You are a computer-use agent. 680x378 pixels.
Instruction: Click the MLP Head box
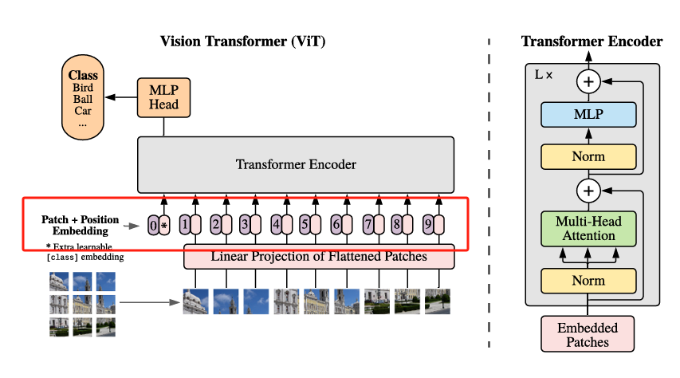tap(164, 98)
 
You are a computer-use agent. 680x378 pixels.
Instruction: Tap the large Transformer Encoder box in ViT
tap(296, 165)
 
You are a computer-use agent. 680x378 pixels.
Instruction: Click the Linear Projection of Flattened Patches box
tap(319, 257)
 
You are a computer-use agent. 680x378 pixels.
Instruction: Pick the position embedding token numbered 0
tap(153, 225)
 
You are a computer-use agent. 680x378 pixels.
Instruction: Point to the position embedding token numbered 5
tap(305, 225)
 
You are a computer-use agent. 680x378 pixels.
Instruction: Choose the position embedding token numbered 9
tap(428, 225)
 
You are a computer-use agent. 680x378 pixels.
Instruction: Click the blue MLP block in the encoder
tap(588, 115)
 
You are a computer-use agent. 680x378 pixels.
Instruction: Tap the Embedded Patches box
tap(588, 334)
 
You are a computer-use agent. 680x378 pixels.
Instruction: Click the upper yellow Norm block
tap(588, 156)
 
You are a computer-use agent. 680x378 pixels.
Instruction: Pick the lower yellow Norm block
tap(588, 281)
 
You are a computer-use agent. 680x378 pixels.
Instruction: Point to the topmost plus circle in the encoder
tap(588, 81)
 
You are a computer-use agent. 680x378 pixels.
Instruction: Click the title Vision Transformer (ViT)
tap(243, 41)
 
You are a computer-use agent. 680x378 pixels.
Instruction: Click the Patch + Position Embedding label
tap(81, 225)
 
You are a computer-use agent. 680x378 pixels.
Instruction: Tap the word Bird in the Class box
tap(84, 88)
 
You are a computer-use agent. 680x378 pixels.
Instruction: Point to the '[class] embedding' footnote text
tap(85, 258)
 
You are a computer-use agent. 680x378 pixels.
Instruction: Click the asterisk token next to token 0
tap(164, 225)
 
